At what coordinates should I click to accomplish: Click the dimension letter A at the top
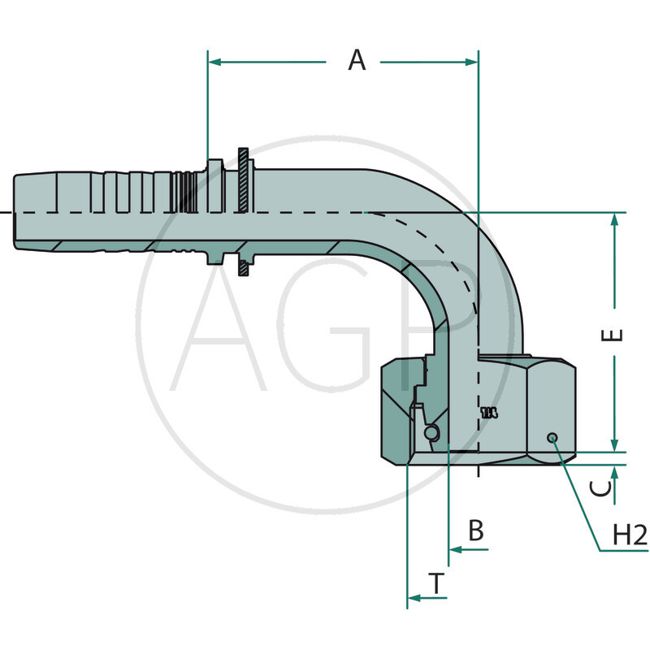click(357, 60)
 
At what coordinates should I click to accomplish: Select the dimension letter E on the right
click(617, 334)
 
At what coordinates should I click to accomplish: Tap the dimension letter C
click(600, 487)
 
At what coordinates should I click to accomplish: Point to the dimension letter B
click(477, 531)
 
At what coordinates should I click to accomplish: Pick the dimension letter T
click(437, 583)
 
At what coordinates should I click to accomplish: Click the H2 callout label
click(630, 535)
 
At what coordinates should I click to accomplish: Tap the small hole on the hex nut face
click(552, 438)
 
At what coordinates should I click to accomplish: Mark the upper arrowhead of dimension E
click(615, 220)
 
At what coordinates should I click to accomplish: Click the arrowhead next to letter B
click(455, 550)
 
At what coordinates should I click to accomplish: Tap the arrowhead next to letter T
click(414, 598)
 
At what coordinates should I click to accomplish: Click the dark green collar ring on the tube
click(244, 213)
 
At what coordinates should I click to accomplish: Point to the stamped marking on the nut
click(488, 413)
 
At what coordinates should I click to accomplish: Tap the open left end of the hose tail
click(16, 213)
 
